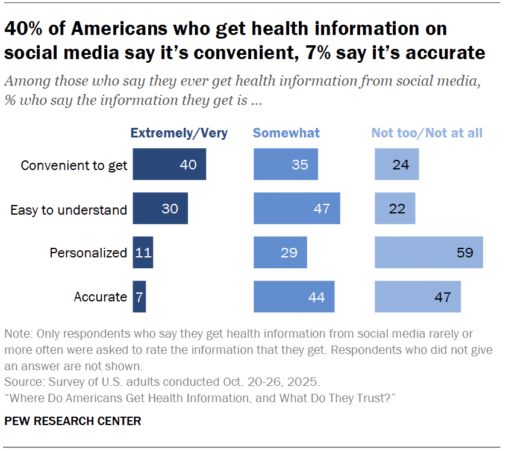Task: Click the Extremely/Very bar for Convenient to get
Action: [x=169, y=165]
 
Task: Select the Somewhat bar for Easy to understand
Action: [x=297, y=209]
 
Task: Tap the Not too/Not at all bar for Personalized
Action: [x=429, y=253]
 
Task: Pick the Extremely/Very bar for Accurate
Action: [x=139, y=297]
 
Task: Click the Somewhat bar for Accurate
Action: [x=294, y=297]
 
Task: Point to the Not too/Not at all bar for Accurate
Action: [x=417, y=297]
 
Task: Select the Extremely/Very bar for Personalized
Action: [x=143, y=253]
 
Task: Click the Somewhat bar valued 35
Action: [x=286, y=165]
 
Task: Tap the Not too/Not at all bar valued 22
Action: [x=395, y=209]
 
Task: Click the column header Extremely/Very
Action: [x=180, y=133]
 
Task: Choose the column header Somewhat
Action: [x=286, y=133]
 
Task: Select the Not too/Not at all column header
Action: [x=426, y=133]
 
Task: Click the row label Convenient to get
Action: [x=74, y=165]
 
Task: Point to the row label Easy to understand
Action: [x=69, y=209]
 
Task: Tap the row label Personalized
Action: [x=88, y=253]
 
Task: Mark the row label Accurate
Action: [x=100, y=297]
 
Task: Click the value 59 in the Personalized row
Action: [x=465, y=253]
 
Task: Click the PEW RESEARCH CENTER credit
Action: [x=73, y=421]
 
